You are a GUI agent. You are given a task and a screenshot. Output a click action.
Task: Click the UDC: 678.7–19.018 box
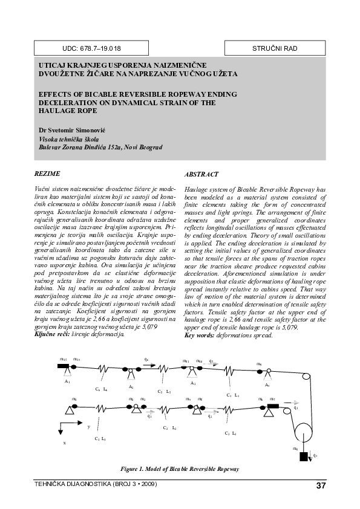click(91, 48)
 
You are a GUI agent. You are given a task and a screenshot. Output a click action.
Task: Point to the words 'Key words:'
click(198, 334)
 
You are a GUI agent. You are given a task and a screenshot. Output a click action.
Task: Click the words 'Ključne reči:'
click(50, 334)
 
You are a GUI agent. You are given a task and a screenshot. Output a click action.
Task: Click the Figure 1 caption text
click(180, 468)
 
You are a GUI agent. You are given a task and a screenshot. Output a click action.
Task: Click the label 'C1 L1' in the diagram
click(100, 438)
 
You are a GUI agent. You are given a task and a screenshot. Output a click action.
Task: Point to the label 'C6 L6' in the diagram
click(101, 389)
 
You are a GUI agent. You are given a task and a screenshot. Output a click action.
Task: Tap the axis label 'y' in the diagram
click(89, 427)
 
